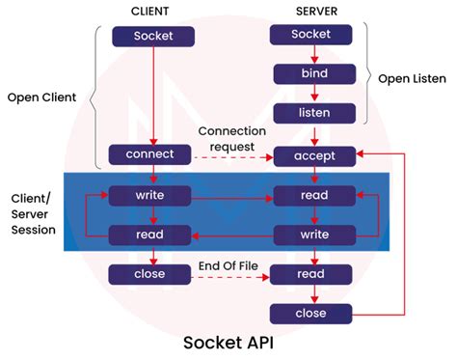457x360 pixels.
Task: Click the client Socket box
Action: pyautogui.click(x=153, y=37)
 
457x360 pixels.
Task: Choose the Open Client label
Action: pyautogui.click(x=43, y=98)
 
